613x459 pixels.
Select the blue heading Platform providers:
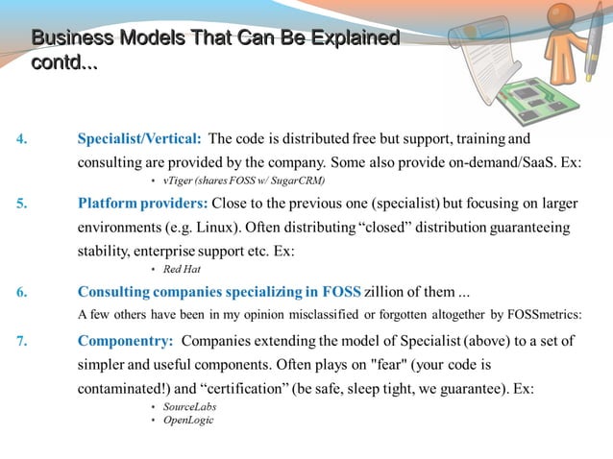142,204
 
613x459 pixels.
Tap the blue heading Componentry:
125,340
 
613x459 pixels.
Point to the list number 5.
21,204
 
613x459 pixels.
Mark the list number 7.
21,340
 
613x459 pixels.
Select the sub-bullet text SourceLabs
189,407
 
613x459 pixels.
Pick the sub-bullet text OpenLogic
188,421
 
